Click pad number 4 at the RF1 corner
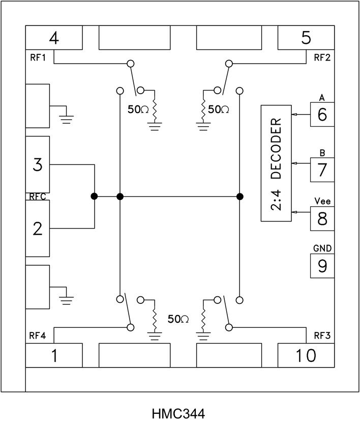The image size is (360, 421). pos(54,38)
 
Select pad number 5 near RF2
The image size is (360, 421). pos(306,38)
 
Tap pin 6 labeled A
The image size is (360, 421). pos(322,115)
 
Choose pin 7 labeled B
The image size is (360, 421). pos(322,170)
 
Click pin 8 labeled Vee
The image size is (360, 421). pos(322,218)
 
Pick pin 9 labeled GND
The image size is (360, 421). pos(322,266)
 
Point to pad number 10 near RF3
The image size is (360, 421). pos(306,355)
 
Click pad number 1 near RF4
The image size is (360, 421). pos(54,355)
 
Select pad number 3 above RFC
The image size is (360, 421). pos(37,164)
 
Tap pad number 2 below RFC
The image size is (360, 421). pos(37,229)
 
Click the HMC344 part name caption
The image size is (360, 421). pos(180,410)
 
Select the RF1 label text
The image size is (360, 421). pos(37,57)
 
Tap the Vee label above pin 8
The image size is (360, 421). pos(322,201)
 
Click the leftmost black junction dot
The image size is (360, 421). pos(94,196)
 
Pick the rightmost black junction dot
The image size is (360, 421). pos(240,196)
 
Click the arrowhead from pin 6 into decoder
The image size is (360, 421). pos(293,115)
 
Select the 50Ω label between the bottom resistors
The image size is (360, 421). pos(178,319)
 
